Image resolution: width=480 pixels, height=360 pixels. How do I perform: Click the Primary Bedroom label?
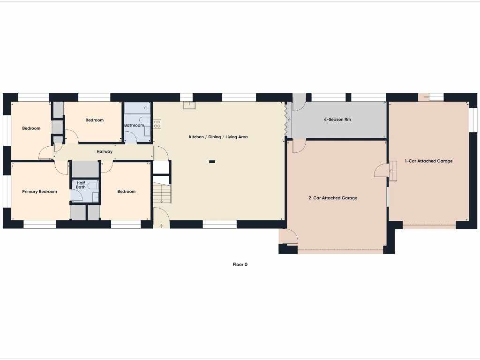[39, 192]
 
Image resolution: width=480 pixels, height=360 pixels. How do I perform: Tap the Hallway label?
[105, 151]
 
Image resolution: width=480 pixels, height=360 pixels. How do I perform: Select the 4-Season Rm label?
[337, 120]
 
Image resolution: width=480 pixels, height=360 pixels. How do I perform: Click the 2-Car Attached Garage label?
[333, 198]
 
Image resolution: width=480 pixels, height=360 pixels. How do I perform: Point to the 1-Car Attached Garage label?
[428, 161]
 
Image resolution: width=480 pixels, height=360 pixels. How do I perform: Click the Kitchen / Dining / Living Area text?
[218, 137]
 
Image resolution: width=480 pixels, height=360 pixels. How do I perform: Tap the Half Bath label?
[81, 185]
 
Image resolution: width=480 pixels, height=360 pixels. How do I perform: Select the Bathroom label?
[134, 125]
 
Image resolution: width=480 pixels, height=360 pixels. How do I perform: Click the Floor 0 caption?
[240, 264]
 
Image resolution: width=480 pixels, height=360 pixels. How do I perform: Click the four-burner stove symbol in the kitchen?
[157, 124]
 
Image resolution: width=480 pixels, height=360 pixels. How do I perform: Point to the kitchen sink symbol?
[190, 105]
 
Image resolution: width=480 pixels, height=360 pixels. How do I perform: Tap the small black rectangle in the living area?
[212, 162]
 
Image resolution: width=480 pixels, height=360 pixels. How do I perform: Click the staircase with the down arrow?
[162, 193]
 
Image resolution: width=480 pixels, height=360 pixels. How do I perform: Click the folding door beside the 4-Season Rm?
[286, 120]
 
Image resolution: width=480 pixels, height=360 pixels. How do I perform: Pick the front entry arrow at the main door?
[162, 226]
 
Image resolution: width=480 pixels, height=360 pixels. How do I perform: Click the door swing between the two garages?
[382, 171]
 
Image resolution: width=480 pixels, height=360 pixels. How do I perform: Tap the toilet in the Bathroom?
[145, 120]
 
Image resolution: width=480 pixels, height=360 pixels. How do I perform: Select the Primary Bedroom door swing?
[61, 168]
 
